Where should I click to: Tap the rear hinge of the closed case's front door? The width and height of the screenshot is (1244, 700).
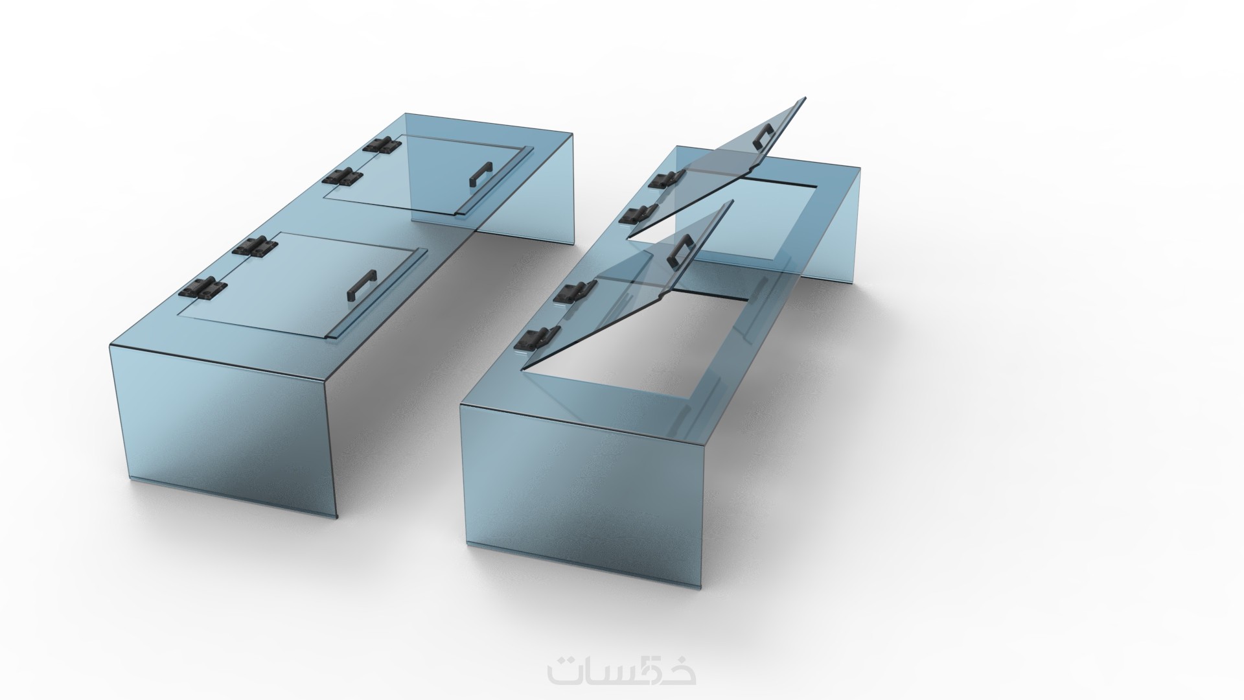pyautogui.click(x=252, y=247)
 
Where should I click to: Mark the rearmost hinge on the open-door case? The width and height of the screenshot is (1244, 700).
pyautogui.click(x=667, y=179)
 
